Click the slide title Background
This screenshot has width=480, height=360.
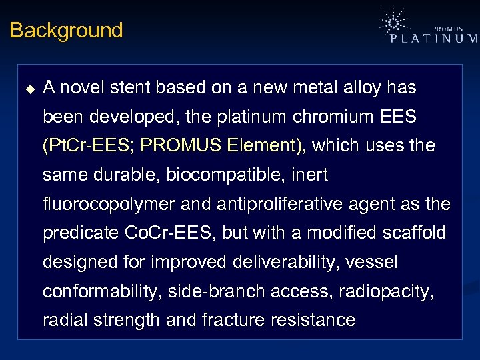click(x=66, y=31)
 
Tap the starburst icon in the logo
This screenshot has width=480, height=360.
click(x=393, y=23)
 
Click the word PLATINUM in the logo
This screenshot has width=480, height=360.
click(x=433, y=39)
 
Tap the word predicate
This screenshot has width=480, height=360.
click(x=81, y=233)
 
